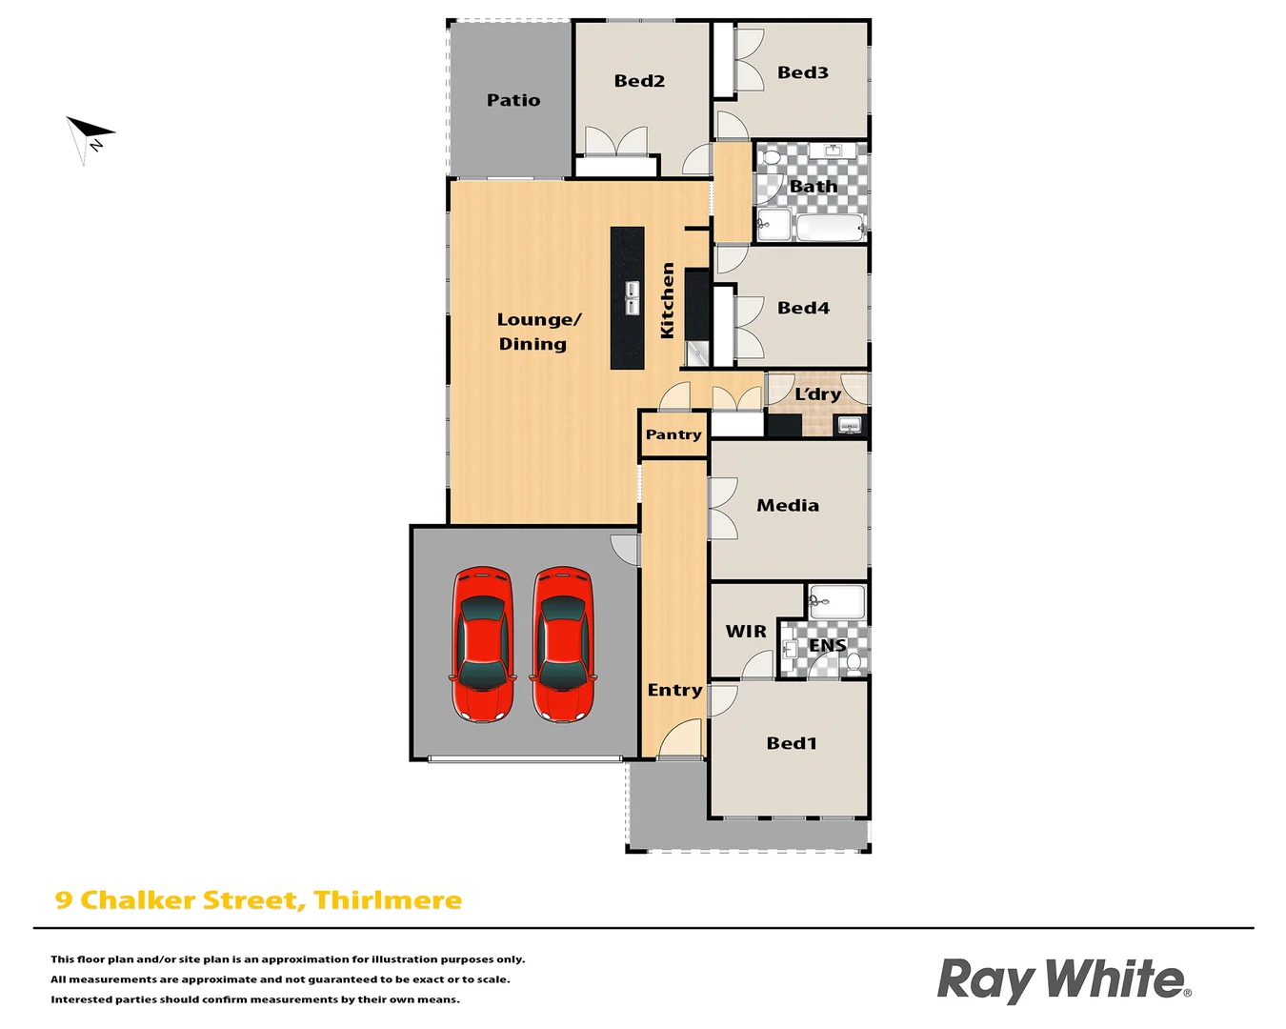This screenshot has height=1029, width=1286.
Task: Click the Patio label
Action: coord(513,100)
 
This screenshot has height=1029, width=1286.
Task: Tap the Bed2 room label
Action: coord(639,81)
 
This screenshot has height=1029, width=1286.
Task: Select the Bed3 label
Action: coord(802,72)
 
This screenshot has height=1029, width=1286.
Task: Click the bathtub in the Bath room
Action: coord(829,228)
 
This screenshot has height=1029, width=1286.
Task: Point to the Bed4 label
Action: coord(803,308)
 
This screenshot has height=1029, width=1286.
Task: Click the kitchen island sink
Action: coord(632,297)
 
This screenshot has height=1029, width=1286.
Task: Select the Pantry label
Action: coord(673,434)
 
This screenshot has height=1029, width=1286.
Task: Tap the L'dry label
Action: coord(817,393)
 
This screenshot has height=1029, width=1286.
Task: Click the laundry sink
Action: coord(849,425)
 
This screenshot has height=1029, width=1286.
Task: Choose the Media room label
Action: coord(788,506)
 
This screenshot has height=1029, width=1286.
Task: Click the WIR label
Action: coord(746,632)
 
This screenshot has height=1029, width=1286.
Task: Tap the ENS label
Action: coord(827,645)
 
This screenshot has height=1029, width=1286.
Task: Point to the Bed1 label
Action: coord(792,743)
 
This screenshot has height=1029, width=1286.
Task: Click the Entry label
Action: coord(674,690)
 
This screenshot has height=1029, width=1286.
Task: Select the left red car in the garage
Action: coord(483,644)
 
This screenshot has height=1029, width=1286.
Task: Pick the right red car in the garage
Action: coord(563,644)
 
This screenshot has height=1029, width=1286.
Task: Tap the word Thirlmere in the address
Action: coord(388,900)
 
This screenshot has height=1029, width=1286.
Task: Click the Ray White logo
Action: coord(1063,979)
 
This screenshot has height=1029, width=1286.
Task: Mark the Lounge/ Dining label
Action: coord(537,332)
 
